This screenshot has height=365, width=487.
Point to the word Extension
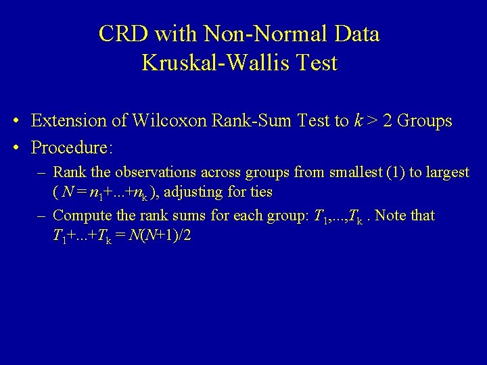68,122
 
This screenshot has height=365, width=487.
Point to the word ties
261,193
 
